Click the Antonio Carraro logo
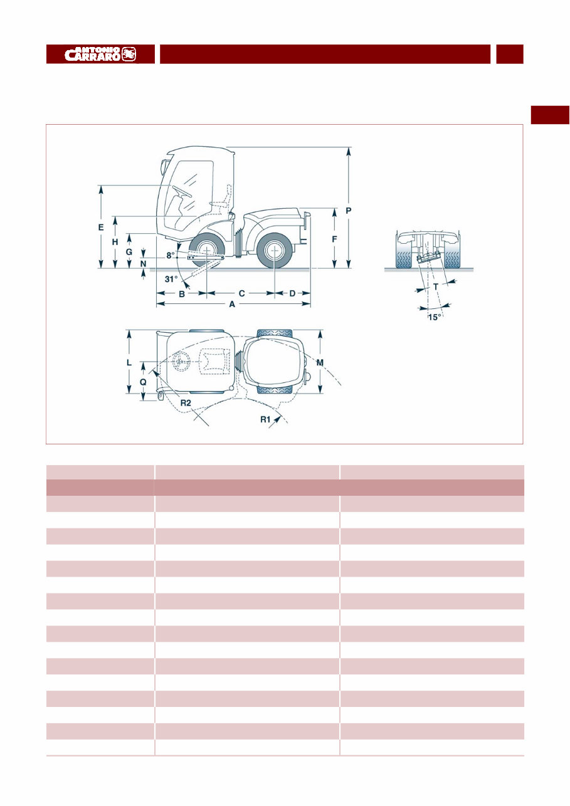pyautogui.click(x=100, y=54)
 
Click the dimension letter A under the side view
pyautogui.click(x=232, y=304)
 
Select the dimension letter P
pyautogui.click(x=349, y=211)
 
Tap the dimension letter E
pyautogui.click(x=101, y=228)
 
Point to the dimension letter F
pyautogui.click(x=335, y=239)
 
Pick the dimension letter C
pyautogui.click(x=240, y=293)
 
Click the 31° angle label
pyautogui.click(x=171, y=279)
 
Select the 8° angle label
pyautogui.click(x=171, y=256)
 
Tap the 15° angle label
pyautogui.click(x=433, y=317)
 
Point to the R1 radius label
pyautogui.click(x=266, y=419)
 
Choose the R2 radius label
pyautogui.click(x=185, y=403)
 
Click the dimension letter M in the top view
pyautogui.click(x=320, y=363)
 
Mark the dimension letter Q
pyautogui.click(x=143, y=380)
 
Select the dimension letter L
pyautogui.click(x=128, y=362)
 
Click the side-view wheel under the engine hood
pyautogui.click(x=275, y=250)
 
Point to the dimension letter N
pyautogui.click(x=144, y=264)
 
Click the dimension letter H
pyautogui.click(x=115, y=242)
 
